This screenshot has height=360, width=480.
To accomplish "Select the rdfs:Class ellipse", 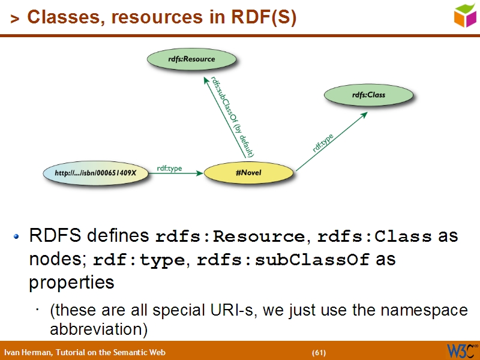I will pos(368,95).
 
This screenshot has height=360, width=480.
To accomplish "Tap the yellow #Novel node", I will pos(248,173).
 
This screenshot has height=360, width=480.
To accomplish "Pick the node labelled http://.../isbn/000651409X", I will pos(96,173).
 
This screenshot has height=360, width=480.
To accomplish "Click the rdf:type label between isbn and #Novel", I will pos(169,169).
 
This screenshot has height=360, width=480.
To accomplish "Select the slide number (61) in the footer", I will pos(319,352).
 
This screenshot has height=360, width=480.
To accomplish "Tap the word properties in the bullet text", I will pos(71,282).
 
